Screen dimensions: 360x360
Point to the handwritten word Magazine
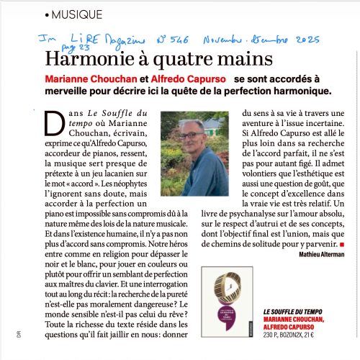123,35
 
